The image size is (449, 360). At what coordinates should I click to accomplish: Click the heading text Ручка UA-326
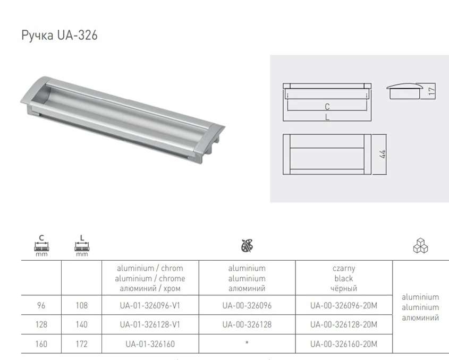pos(60,36)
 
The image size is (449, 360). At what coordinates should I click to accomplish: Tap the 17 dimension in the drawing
pos(432,91)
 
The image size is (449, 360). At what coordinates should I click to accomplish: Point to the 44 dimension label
pos(383,154)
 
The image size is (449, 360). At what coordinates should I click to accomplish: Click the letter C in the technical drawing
pos(327,107)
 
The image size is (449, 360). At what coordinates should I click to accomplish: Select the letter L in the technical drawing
pos(327,117)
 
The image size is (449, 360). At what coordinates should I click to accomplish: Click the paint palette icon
pos(247,245)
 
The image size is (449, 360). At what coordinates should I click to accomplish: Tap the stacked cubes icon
pos(420,245)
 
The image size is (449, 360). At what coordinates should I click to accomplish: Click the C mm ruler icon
pos(41,245)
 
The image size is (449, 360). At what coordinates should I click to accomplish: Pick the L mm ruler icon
pos(82,245)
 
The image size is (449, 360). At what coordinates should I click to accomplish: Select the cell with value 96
pos(41,306)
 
